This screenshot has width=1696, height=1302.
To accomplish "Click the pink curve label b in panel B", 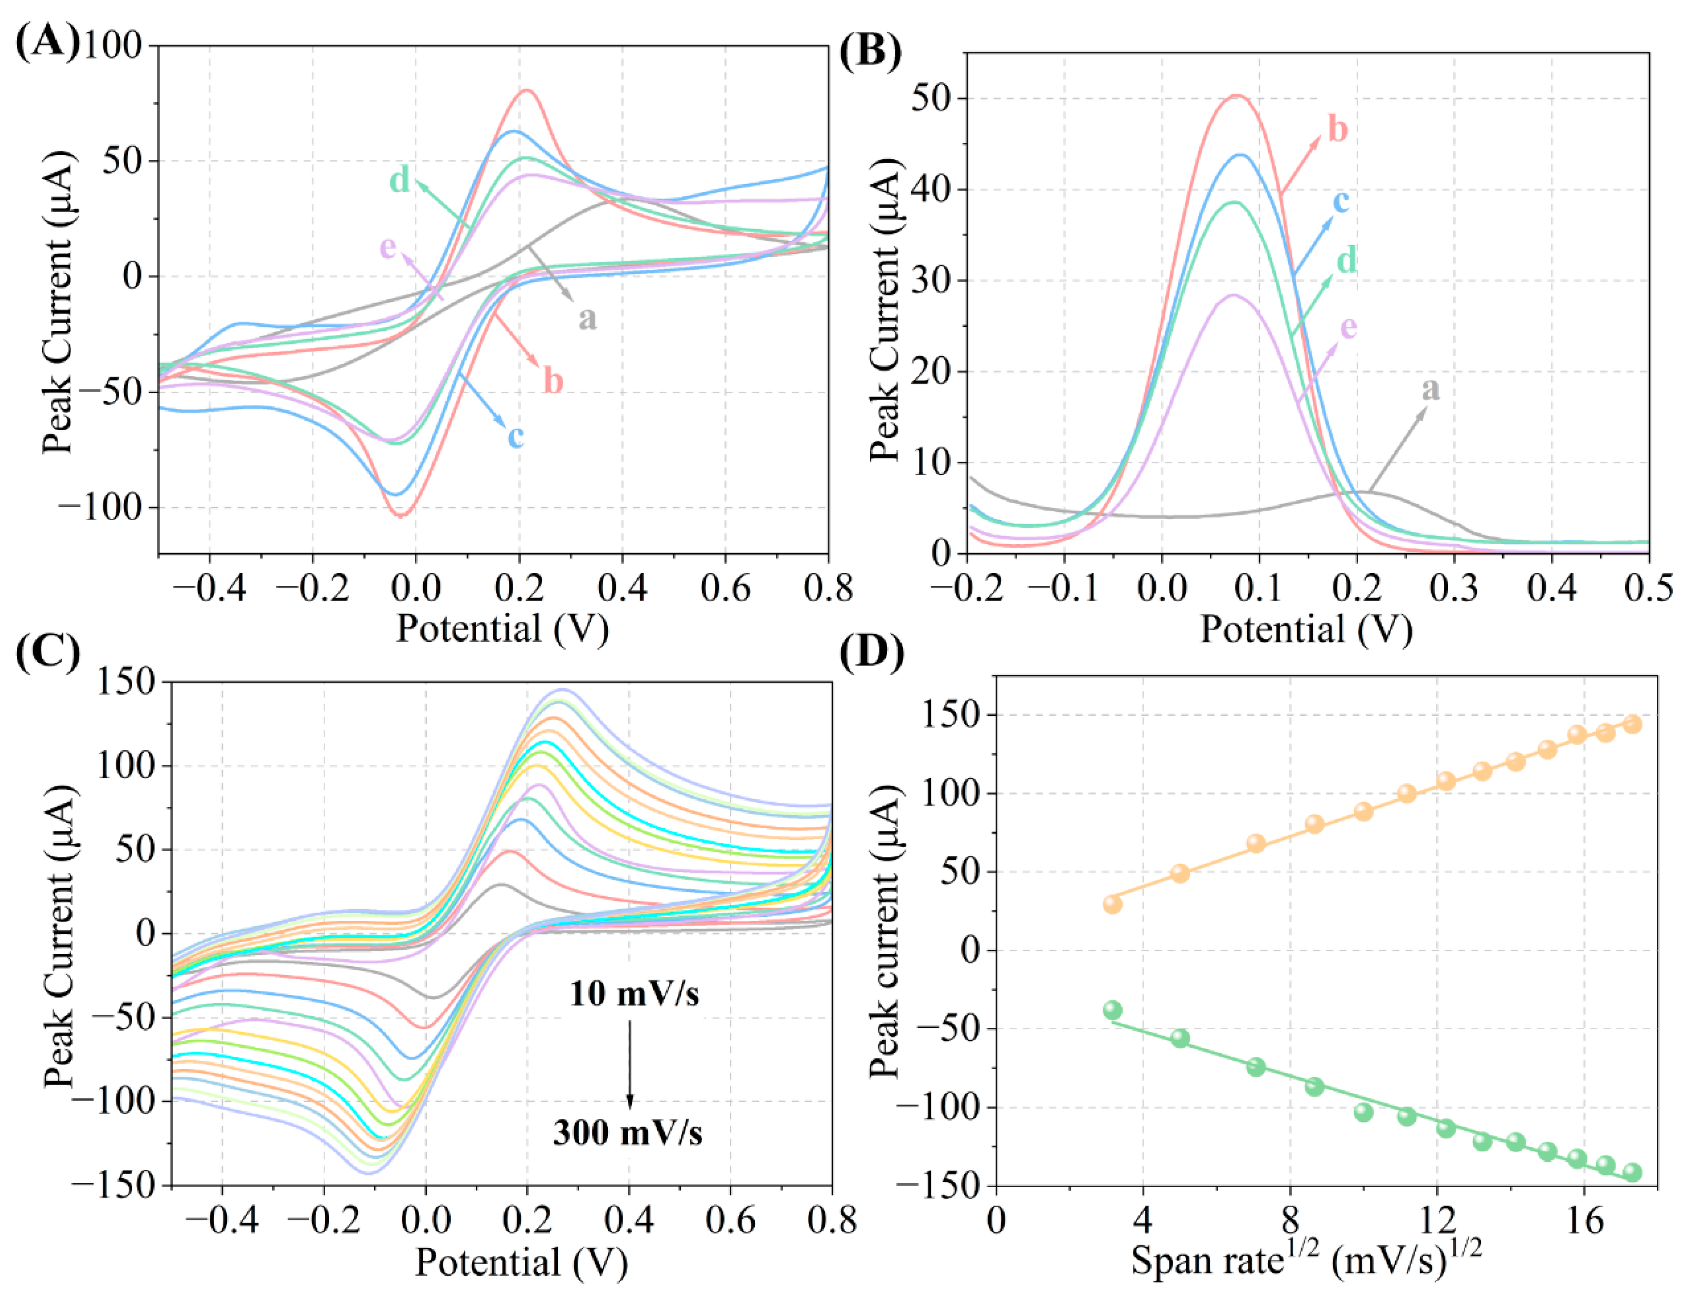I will point(1338,129).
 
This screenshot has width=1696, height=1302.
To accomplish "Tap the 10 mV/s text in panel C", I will point(634,994).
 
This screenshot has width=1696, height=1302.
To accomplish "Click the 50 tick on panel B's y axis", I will point(930,99).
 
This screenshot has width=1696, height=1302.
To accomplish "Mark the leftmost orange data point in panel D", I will point(1112,904).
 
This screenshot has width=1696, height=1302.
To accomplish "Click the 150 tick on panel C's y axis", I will point(124,682).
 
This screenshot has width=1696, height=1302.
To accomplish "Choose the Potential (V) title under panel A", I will point(503,629).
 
